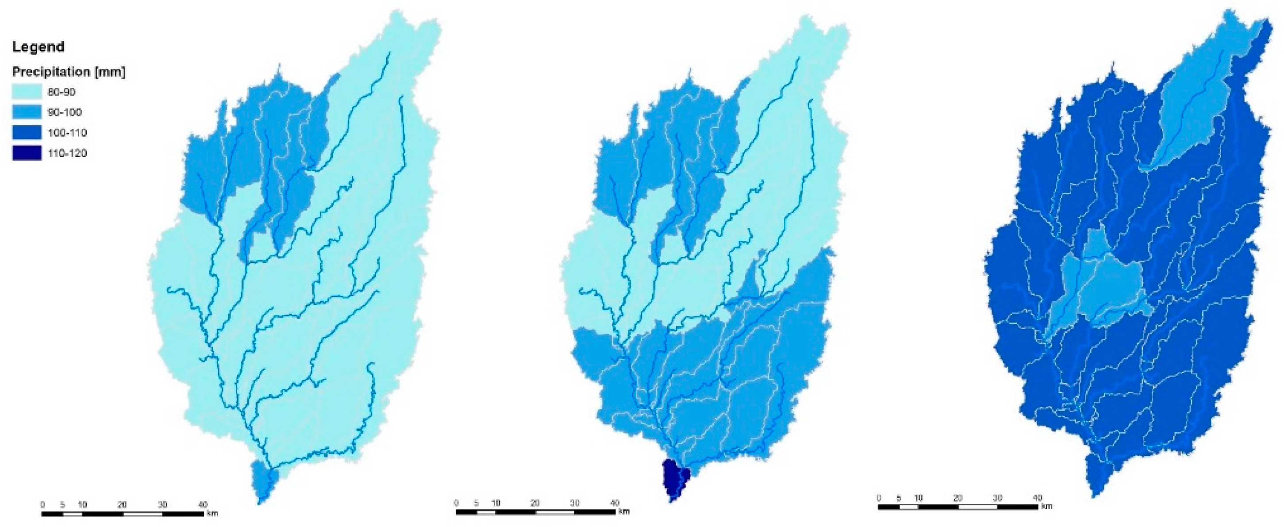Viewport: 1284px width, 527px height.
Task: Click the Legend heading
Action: [x=38, y=47]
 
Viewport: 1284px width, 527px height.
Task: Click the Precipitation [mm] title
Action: [x=68, y=72]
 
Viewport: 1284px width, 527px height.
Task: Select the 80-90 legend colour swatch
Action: [x=27, y=92]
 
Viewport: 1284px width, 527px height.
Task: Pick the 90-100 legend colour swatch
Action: [x=27, y=112]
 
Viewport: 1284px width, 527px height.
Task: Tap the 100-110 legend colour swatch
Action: [x=27, y=133]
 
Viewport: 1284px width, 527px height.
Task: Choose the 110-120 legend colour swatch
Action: [x=27, y=153]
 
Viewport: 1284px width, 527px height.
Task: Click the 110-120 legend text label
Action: [x=67, y=153]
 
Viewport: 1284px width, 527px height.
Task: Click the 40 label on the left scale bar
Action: [x=203, y=504]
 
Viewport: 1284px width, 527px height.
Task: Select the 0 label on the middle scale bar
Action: [x=456, y=503]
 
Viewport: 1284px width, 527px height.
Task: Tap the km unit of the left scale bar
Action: [x=212, y=513]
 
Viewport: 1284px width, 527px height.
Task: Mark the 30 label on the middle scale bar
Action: [x=575, y=503]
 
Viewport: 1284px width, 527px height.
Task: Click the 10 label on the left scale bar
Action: [x=82, y=504]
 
